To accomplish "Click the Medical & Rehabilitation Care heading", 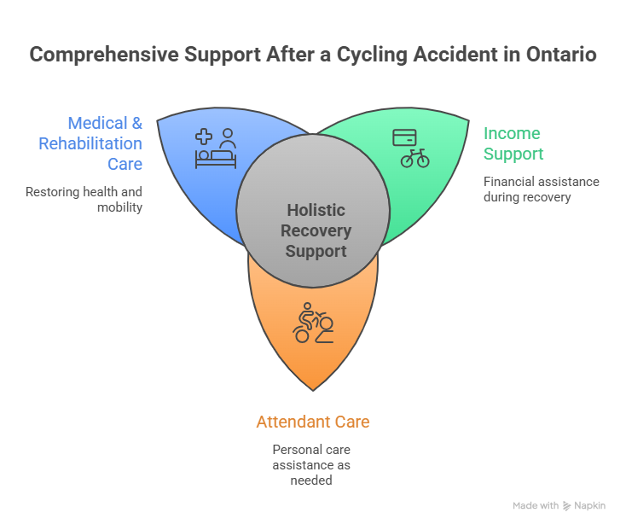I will (90, 143).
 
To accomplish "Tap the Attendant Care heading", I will (313, 422).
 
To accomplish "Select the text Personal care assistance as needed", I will (312, 464).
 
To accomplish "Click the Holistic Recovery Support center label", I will (313, 230).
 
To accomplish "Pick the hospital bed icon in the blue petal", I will (216, 154).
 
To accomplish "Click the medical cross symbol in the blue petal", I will (203, 136).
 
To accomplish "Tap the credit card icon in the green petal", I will (404, 137).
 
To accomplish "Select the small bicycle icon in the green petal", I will (414, 158).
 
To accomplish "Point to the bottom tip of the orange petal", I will (313, 389).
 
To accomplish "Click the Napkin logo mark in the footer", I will (567, 506).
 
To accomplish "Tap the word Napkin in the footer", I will (589, 506).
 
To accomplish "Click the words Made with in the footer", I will (536, 506).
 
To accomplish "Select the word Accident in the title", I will (436, 55).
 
